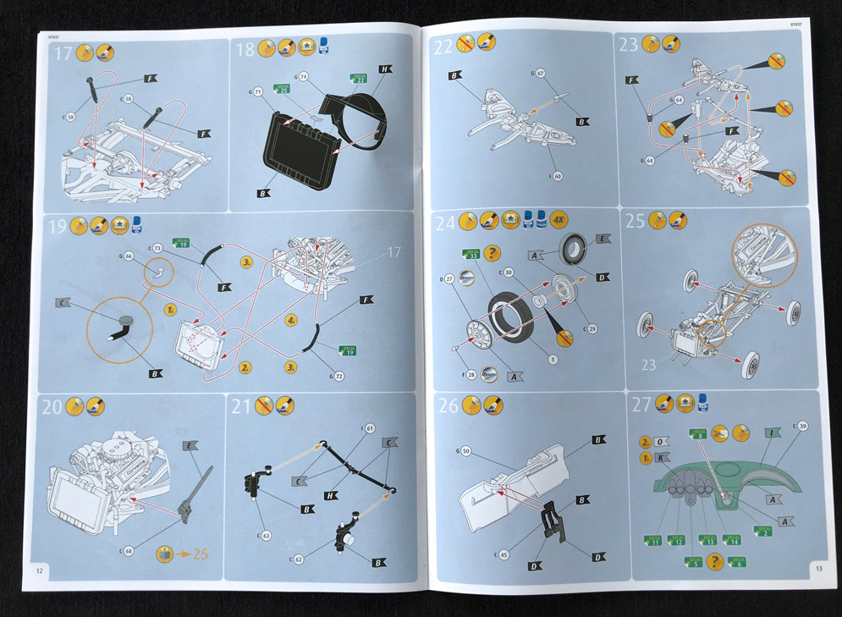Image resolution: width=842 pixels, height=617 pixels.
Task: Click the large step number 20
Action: coord(53,407)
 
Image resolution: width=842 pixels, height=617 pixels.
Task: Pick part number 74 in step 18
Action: coord(305,75)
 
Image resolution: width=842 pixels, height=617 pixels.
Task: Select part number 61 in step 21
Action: coord(370,429)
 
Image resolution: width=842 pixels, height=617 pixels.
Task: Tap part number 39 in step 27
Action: coord(801,426)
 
